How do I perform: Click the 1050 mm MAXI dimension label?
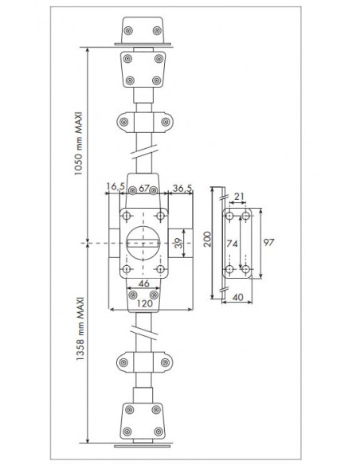coord(78,143)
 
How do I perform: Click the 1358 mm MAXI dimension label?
coord(80,329)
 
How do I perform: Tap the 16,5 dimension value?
coord(112,187)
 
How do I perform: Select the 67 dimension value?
coord(144,188)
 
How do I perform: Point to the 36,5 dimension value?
coord(182,188)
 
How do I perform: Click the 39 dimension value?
coord(178,243)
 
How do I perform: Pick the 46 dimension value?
coord(144,283)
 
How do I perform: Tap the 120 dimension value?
coord(144,303)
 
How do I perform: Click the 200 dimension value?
coord(207,240)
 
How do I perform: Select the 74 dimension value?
coord(233,244)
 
